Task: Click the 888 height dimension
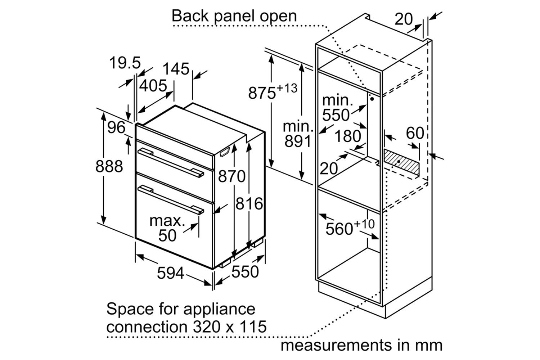coord(109,167)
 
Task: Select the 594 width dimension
coord(170,273)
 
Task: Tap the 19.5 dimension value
coord(125,63)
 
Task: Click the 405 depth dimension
coord(153,86)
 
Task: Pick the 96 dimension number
coord(116,128)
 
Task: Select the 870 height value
coord(232,176)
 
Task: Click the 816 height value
coord(249,204)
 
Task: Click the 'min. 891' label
coord(297,134)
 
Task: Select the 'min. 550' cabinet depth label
coord(336,108)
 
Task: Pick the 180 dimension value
coord(348,136)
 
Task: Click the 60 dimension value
coord(415,133)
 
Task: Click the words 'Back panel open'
coord(234,16)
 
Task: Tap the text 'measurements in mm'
coord(361,345)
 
